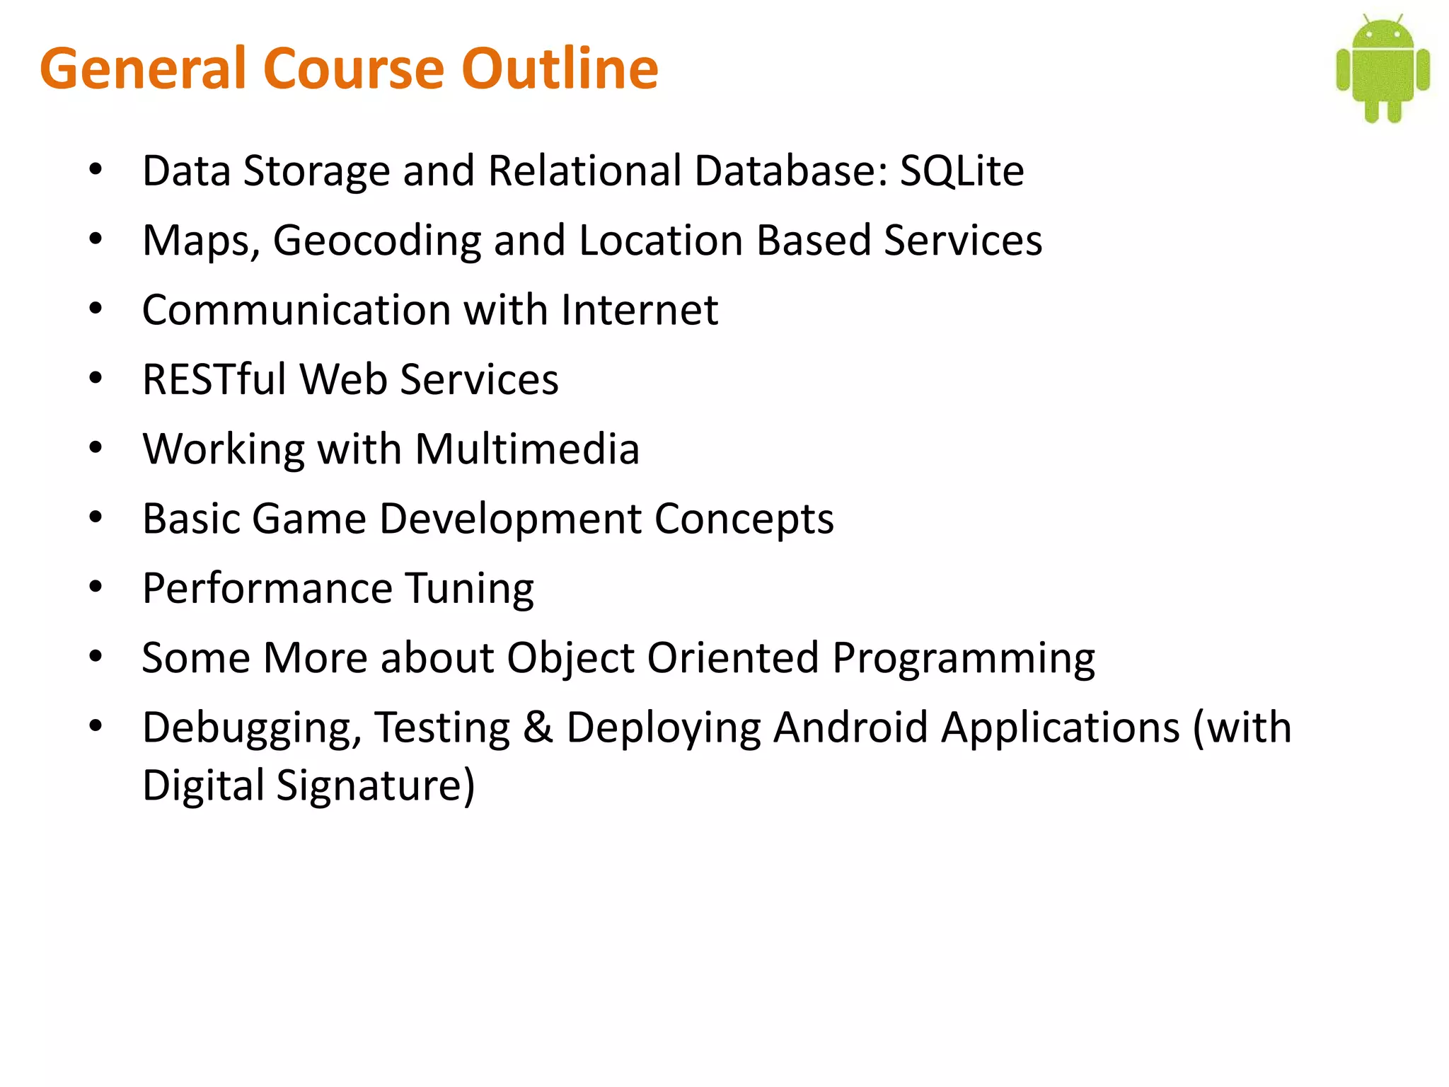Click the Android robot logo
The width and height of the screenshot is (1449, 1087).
pyautogui.click(x=1382, y=69)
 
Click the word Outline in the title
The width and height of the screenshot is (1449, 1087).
pyautogui.click(x=560, y=69)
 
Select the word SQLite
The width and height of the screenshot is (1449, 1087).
pyautogui.click(x=962, y=171)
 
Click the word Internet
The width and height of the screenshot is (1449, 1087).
pyautogui.click(x=640, y=310)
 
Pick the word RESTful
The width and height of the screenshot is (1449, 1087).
pyautogui.click(x=213, y=379)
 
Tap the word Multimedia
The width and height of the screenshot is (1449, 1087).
pyautogui.click(x=527, y=449)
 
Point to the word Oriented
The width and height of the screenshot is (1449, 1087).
pyautogui.click(x=733, y=658)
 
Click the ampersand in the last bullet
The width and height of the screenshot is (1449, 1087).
pyautogui.click(x=538, y=727)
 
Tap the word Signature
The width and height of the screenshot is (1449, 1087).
pyautogui.click(x=376, y=786)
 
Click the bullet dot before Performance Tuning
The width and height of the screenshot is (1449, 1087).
pyautogui.click(x=96, y=587)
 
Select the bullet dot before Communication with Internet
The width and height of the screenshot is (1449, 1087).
pyautogui.click(x=96, y=309)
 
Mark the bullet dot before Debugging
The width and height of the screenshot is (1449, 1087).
pyautogui.click(x=96, y=725)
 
